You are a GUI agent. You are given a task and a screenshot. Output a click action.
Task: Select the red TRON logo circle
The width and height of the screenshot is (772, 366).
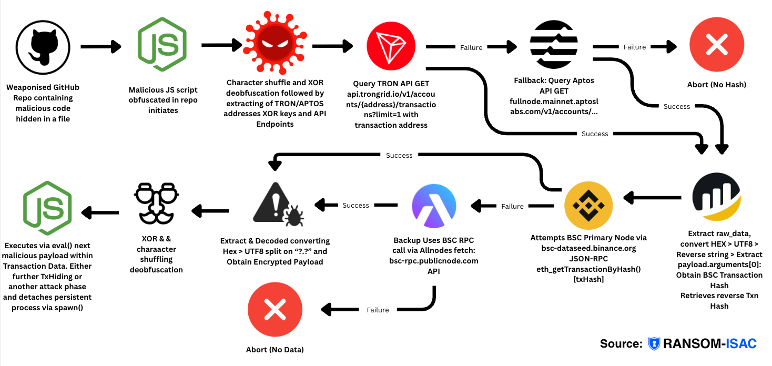(391, 47)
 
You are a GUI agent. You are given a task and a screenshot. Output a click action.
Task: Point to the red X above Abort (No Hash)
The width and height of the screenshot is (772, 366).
(716, 46)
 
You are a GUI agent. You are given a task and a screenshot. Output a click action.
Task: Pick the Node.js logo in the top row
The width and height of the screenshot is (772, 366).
(162, 46)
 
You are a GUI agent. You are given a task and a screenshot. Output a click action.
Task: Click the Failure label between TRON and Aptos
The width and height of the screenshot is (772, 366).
(471, 47)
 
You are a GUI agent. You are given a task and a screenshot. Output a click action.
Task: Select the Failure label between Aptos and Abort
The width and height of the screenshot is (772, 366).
(634, 47)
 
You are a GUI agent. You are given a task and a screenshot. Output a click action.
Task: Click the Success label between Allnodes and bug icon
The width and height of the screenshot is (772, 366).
(355, 205)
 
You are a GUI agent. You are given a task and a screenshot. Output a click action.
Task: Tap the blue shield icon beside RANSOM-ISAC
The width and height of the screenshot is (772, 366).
(654, 344)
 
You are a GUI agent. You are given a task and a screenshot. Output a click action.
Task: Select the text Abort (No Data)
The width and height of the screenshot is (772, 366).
(275, 349)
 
